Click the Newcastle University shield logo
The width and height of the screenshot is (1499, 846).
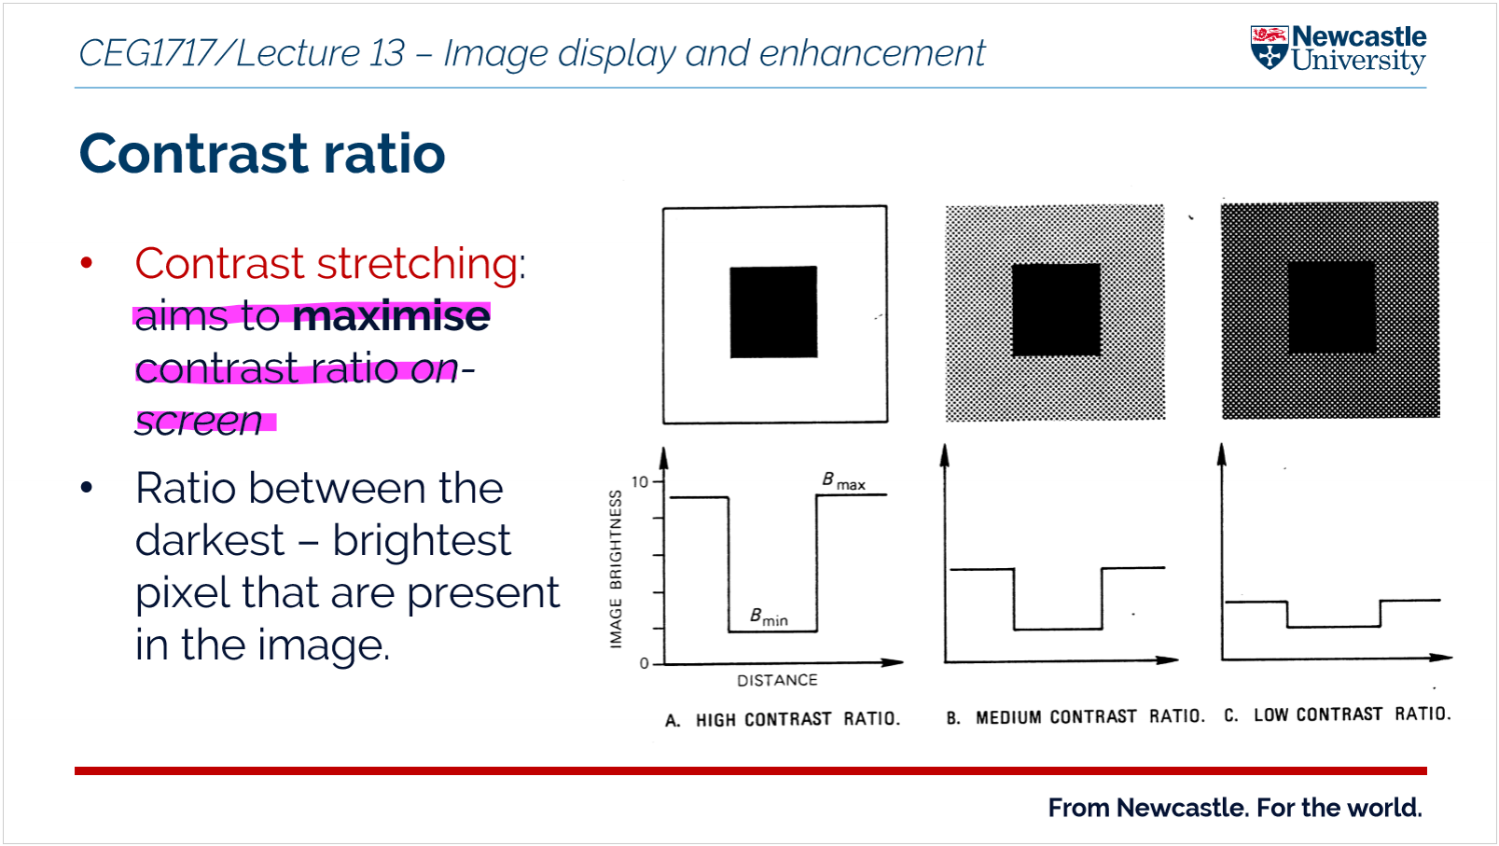click(1269, 49)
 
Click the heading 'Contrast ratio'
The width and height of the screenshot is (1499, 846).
click(262, 154)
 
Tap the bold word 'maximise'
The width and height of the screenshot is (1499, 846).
click(391, 316)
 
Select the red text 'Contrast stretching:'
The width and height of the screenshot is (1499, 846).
click(330, 264)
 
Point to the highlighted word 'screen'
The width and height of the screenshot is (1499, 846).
click(199, 421)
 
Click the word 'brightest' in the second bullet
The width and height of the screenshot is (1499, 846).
click(421, 541)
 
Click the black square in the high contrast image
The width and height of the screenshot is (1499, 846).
click(773, 312)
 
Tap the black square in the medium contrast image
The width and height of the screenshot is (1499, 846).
click(1056, 310)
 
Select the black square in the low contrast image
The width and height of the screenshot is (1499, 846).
click(1331, 307)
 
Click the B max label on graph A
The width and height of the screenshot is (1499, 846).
click(843, 481)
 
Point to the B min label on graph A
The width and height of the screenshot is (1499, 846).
click(769, 617)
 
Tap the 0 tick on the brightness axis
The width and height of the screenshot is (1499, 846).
click(644, 663)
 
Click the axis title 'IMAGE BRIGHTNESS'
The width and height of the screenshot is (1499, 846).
click(616, 569)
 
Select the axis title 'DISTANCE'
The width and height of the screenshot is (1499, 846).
click(777, 681)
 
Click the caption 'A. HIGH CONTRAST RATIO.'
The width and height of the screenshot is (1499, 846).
click(783, 719)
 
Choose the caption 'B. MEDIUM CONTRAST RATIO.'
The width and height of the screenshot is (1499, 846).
click(1075, 716)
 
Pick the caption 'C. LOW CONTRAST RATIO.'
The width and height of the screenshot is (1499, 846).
click(1337, 714)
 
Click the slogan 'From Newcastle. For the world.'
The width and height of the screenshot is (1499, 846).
click(1234, 808)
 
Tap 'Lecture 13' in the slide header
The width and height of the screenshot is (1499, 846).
click(320, 53)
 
